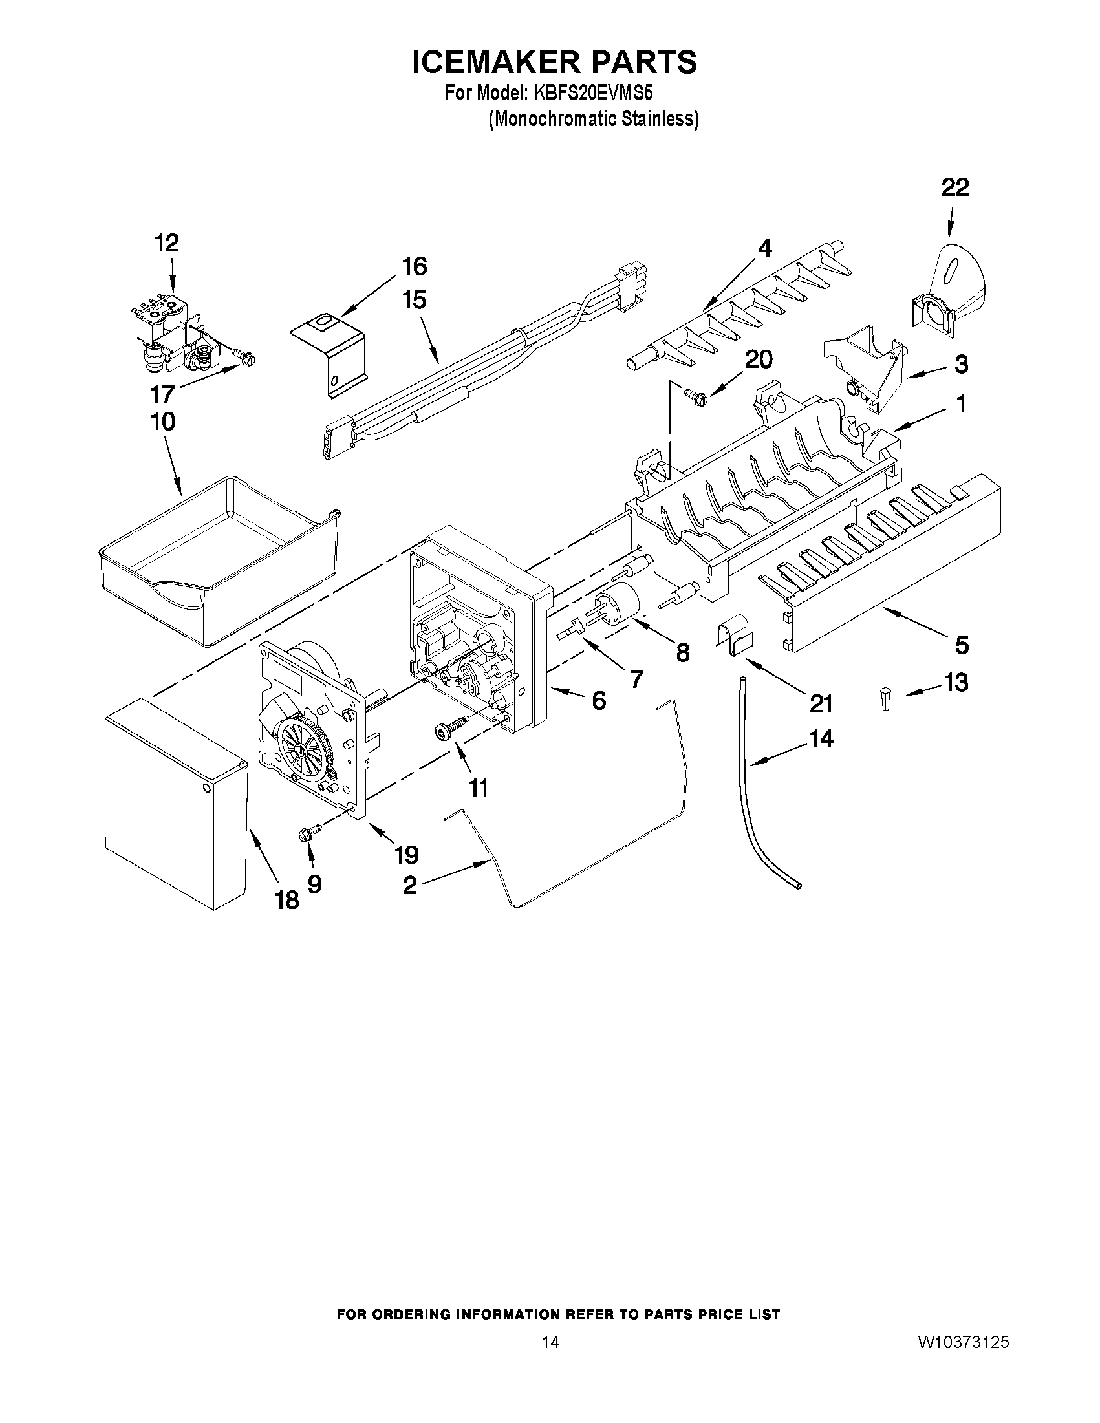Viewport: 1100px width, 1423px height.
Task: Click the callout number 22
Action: (954, 188)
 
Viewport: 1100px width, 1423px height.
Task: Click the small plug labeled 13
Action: (884, 700)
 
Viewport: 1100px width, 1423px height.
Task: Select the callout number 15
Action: (415, 301)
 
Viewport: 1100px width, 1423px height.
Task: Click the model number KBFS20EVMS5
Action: (592, 94)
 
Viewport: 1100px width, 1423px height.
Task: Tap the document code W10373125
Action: (963, 1359)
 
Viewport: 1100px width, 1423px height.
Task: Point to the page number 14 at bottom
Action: (550, 1359)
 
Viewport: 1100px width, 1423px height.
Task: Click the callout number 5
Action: (962, 645)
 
